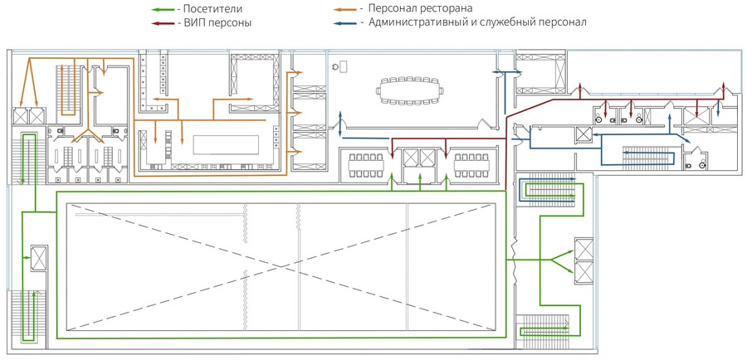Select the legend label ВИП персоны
[217, 22]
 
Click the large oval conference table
[410, 90]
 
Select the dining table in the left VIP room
[366, 165]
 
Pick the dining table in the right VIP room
[471, 165]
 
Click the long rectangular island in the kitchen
[226, 145]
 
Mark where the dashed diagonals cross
[281, 266]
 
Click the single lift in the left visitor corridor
[39, 258]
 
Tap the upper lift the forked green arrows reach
[584, 249]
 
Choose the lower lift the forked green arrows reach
[584, 272]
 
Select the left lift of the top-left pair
[21, 117]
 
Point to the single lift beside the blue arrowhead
[583, 134]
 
